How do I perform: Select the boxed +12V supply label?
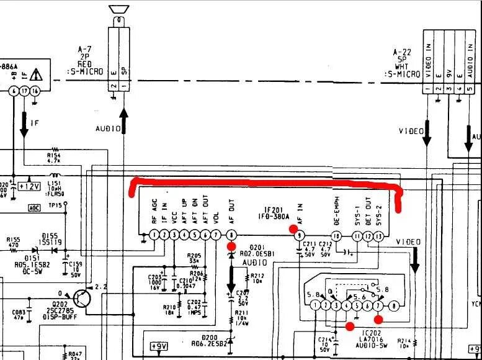coord(30,186)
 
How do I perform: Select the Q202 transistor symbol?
coord(83,296)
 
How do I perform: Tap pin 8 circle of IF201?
coord(232,235)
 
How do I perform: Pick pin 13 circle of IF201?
coord(379,236)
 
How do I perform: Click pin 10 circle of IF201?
coord(336,236)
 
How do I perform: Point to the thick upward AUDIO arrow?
coord(123,119)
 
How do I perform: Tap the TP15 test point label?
coord(55,204)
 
